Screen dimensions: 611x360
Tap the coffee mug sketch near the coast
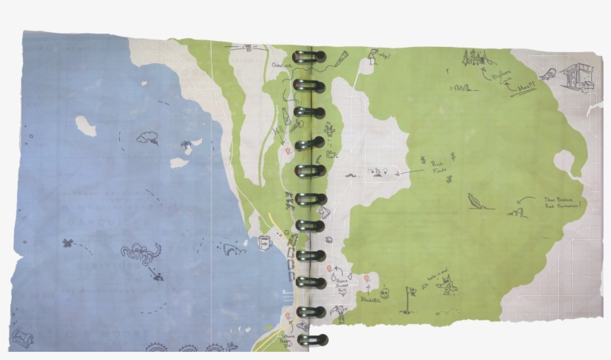pos(265,241)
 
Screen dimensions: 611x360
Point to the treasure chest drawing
pos(24,338)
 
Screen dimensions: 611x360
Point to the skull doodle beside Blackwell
pos(368,281)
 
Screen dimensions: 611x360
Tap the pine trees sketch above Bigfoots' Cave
pos(474,57)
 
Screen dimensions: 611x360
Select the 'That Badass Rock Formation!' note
pos(563,203)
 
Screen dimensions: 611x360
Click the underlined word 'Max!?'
pos(527,89)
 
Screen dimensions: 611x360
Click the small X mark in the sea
pos(68,243)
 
